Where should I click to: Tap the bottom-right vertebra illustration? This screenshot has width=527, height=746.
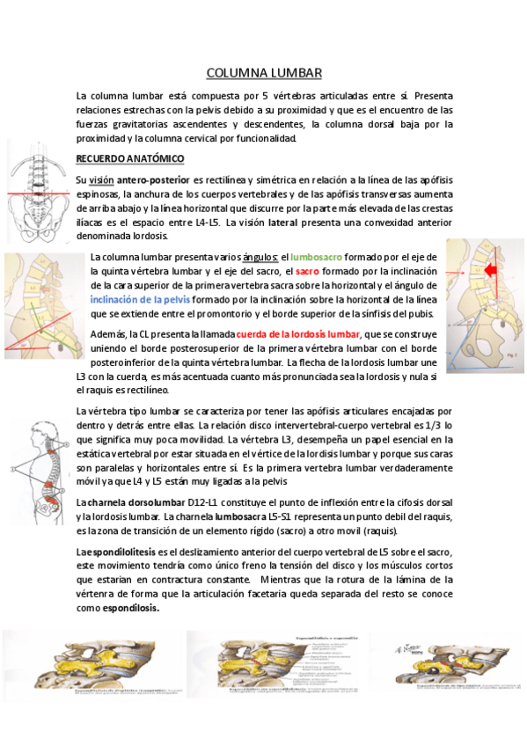coord(449,662)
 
